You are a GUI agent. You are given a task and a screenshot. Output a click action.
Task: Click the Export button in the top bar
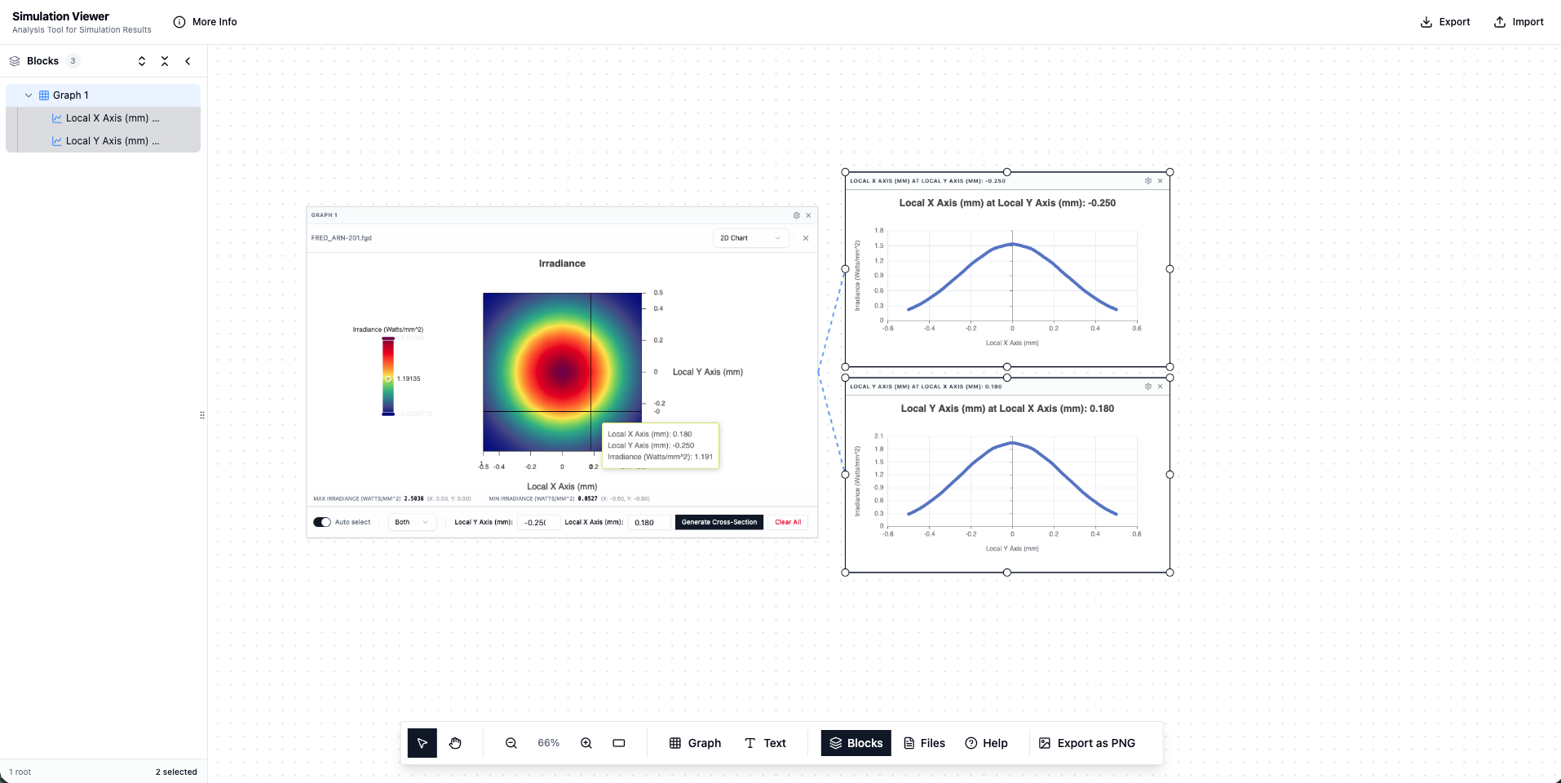(1445, 22)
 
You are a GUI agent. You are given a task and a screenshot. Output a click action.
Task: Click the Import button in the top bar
(1519, 22)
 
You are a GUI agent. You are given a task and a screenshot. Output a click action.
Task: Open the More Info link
(206, 22)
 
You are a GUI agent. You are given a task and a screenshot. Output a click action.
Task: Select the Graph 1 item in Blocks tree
(71, 95)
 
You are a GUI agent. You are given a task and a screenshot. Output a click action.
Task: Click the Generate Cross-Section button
(719, 522)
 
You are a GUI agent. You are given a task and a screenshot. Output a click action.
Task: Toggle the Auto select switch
(322, 522)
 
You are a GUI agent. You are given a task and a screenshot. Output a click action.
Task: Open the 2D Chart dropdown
(750, 238)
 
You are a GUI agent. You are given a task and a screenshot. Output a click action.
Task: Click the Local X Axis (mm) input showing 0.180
(648, 523)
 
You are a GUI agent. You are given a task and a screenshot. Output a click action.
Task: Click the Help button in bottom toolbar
(986, 743)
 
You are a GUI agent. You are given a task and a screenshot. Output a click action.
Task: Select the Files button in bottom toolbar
(924, 743)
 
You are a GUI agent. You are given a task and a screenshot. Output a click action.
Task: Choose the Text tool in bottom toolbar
(765, 743)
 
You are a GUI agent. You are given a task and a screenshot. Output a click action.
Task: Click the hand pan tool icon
(455, 743)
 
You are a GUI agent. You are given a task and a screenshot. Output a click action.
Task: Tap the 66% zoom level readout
(548, 743)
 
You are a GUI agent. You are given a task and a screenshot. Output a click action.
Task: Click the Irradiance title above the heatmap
(562, 263)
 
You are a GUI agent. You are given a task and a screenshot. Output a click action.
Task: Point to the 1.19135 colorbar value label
(409, 378)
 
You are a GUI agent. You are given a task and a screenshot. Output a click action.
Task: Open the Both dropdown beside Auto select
(411, 522)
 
